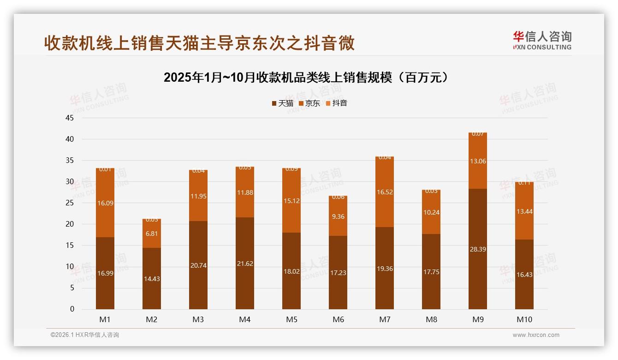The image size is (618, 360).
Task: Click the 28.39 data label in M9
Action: pyautogui.click(x=477, y=249)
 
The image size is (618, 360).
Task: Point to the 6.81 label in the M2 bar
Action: pyautogui.click(x=152, y=234)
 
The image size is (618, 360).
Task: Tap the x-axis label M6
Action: pyautogui.click(x=338, y=319)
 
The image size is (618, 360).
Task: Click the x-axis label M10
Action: pyautogui.click(x=524, y=319)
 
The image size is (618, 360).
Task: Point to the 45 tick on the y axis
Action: pyautogui.click(x=70, y=118)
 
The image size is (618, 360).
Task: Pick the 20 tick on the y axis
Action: pyautogui.click(x=70, y=224)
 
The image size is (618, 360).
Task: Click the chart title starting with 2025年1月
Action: pyautogui.click(x=306, y=78)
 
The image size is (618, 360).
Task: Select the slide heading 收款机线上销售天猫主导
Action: pyautogui.click(x=199, y=43)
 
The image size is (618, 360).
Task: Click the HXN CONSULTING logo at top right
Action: pyautogui.click(x=542, y=40)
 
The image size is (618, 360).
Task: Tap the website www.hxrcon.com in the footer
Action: pyautogui.click(x=536, y=335)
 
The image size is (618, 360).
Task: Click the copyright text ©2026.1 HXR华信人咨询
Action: pyautogui.click(x=85, y=335)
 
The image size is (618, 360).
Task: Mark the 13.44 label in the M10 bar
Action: pyautogui.click(x=524, y=211)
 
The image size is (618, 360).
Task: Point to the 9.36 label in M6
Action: pyautogui.click(x=338, y=216)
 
